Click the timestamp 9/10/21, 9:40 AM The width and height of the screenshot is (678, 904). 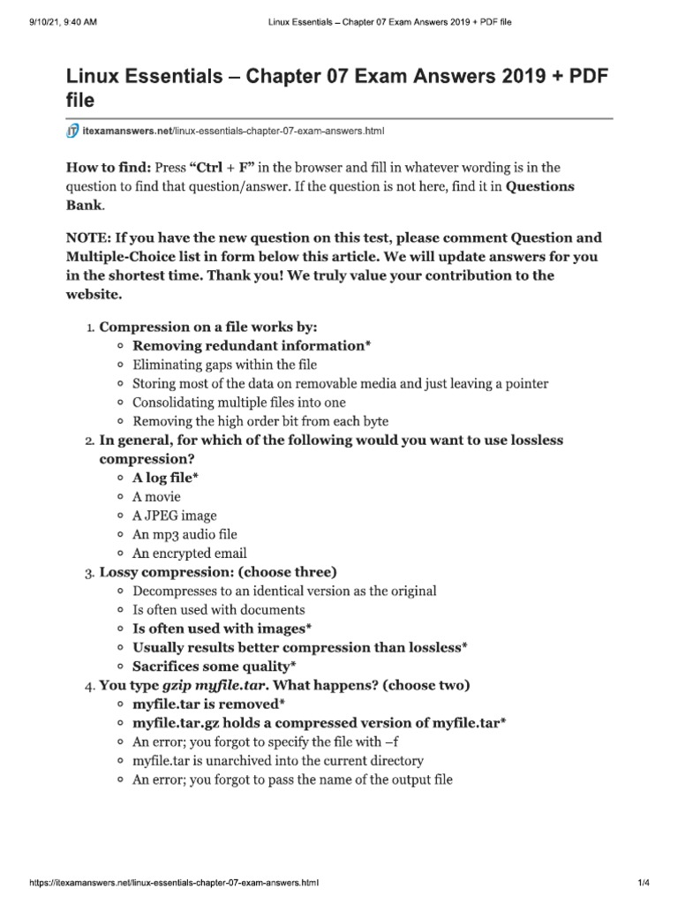point(52,22)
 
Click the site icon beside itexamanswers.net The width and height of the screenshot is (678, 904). point(72,132)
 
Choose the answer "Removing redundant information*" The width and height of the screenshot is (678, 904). point(252,345)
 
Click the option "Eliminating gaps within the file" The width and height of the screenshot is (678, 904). point(224,365)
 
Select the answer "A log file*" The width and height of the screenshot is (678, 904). point(165,478)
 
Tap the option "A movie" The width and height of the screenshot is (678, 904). point(156,496)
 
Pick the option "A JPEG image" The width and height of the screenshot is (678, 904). point(174,516)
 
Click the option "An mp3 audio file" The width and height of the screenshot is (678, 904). point(185,534)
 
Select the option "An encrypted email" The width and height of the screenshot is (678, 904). point(189,554)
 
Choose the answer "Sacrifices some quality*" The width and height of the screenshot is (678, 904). point(214,666)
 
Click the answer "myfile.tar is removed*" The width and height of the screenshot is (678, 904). point(208,704)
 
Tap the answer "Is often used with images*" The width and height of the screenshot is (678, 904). point(222,629)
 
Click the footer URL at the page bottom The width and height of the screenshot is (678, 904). point(161,882)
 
